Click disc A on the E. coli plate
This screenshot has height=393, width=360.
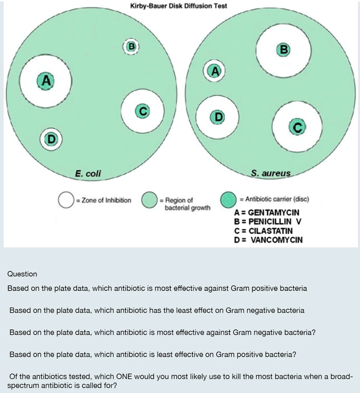point(46,81)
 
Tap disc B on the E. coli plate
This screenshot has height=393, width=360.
point(132,46)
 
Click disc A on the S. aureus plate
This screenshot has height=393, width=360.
point(214,71)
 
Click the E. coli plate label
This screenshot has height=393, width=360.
point(88,174)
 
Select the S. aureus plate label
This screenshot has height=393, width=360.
point(271,173)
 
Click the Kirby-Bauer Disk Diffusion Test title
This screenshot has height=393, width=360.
point(179,6)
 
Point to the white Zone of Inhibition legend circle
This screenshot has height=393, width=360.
point(66,200)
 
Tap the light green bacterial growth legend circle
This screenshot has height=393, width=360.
point(149,200)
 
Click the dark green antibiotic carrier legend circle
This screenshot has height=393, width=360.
point(228,199)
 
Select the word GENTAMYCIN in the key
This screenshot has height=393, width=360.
point(274,213)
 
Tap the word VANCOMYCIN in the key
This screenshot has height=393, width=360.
point(276,240)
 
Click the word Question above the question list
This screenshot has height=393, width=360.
point(22,274)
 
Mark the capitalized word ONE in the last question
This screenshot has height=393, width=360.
point(125,377)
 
